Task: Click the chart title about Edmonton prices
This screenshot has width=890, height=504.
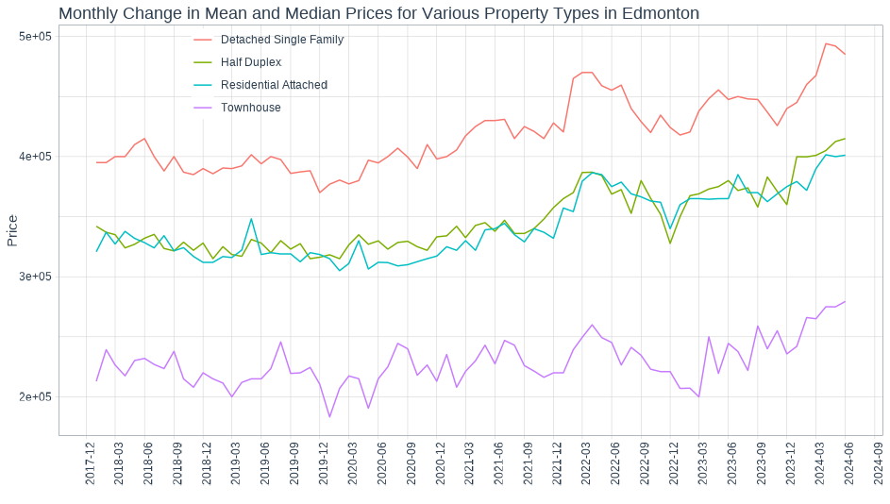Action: pyautogui.click(x=378, y=13)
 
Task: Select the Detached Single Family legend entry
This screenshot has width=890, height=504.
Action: pyautogui.click(x=281, y=40)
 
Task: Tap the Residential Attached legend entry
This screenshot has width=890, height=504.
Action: pyautogui.click(x=273, y=85)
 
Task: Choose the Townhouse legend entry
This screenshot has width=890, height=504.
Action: pyautogui.click(x=250, y=108)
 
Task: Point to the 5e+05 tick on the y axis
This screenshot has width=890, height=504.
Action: pyautogui.click(x=35, y=36)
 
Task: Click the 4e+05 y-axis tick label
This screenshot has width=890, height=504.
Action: pyautogui.click(x=35, y=157)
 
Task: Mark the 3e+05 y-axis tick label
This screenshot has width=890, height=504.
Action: pyautogui.click(x=35, y=277)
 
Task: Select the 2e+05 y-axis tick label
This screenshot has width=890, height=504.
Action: pyautogui.click(x=35, y=397)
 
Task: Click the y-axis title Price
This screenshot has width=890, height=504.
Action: pyautogui.click(x=12, y=230)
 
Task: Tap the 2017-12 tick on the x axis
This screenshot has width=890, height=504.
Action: pyautogui.click(x=91, y=462)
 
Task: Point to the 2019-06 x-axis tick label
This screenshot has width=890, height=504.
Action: pyautogui.click(x=265, y=462)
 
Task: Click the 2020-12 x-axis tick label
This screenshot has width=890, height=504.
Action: pyautogui.click(x=441, y=462)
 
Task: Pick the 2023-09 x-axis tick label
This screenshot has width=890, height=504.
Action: pyautogui.click(x=762, y=462)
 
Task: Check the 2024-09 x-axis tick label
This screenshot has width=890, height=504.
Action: pyautogui.click(x=878, y=462)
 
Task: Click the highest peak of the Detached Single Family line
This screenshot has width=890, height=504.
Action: pyautogui.click(x=826, y=43)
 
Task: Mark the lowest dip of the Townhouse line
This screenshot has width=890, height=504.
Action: pyautogui.click(x=329, y=417)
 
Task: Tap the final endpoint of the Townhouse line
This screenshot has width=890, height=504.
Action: pyautogui.click(x=845, y=302)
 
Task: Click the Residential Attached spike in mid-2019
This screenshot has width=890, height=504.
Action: pyautogui.click(x=251, y=219)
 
